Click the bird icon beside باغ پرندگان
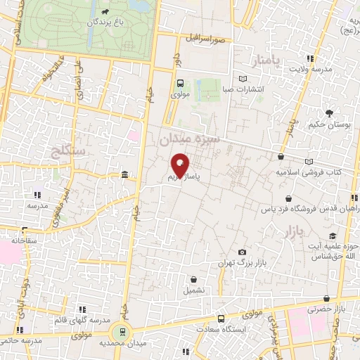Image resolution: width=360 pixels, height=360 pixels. tap(105, 12)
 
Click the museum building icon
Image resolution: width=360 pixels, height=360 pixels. tap(124, 174)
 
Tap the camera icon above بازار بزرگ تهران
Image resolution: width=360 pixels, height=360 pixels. tap(243, 252)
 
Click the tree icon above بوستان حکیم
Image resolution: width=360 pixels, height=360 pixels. tap(328, 112)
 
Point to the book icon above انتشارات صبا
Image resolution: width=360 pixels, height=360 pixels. tap(243, 79)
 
